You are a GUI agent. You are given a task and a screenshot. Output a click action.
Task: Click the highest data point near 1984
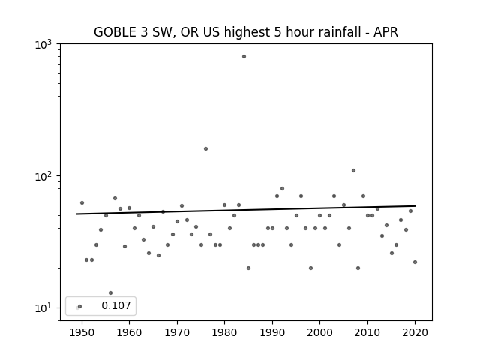(244, 57)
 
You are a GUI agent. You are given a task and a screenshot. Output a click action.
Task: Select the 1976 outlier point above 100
(205, 148)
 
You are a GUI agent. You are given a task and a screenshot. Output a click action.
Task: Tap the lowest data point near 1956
(110, 293)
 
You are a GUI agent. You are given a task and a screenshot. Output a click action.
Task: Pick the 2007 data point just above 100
(353, 170)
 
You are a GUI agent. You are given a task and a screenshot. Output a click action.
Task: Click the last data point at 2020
(415, 262)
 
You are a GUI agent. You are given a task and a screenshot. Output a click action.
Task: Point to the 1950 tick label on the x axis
(82, 332)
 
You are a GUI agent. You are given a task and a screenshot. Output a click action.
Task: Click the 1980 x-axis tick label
(224, 332)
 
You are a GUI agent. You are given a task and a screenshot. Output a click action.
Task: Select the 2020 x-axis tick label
(415, 332)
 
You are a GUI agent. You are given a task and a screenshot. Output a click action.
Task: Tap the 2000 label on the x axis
(319, 332)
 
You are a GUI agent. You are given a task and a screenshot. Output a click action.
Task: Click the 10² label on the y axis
(43, 176)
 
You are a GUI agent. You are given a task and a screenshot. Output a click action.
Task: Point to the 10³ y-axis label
(43, 45)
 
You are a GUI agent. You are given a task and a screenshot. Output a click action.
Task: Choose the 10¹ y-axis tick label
(43, 307)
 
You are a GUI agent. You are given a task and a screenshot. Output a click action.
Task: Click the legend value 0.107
(116, 305)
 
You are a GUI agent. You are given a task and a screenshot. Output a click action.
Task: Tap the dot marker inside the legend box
(80, 306)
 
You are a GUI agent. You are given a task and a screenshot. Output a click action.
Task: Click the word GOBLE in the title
(115, 32)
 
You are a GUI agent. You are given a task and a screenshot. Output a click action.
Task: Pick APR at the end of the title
(385, 32)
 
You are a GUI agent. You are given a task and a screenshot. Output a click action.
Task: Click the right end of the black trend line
(415, 206)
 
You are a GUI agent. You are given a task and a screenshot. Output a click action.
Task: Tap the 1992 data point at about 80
(282, 188)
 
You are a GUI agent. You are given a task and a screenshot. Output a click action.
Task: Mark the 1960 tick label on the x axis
(129, 332)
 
